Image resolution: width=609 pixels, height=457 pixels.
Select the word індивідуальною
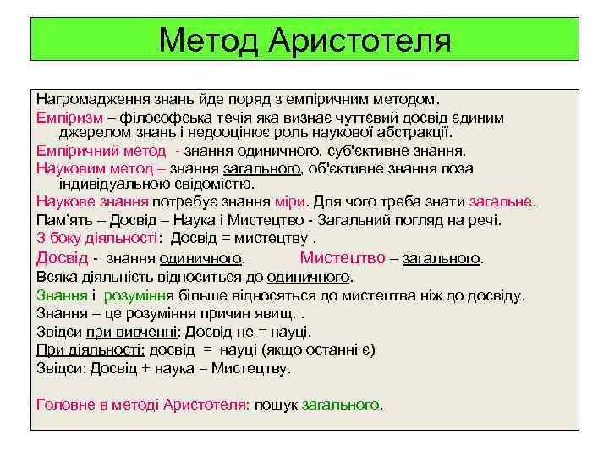point(112,184)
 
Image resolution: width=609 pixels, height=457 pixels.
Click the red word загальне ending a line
point(503,202)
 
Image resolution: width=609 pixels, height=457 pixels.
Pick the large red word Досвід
point(63,257)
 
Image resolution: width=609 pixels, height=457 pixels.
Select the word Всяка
point(55,277)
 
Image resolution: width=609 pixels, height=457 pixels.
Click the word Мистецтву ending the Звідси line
point(253,368)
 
